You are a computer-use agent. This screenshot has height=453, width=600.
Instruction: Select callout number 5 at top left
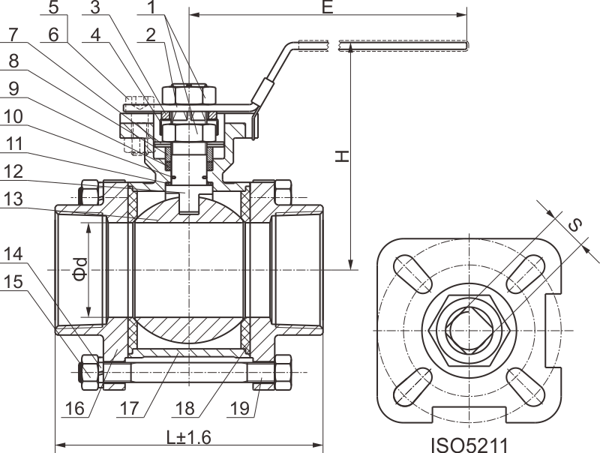54,8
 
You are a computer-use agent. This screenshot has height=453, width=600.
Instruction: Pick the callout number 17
129,409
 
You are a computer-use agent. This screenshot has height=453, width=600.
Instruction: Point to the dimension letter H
341,156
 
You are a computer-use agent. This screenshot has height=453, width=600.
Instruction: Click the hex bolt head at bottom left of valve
88,370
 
